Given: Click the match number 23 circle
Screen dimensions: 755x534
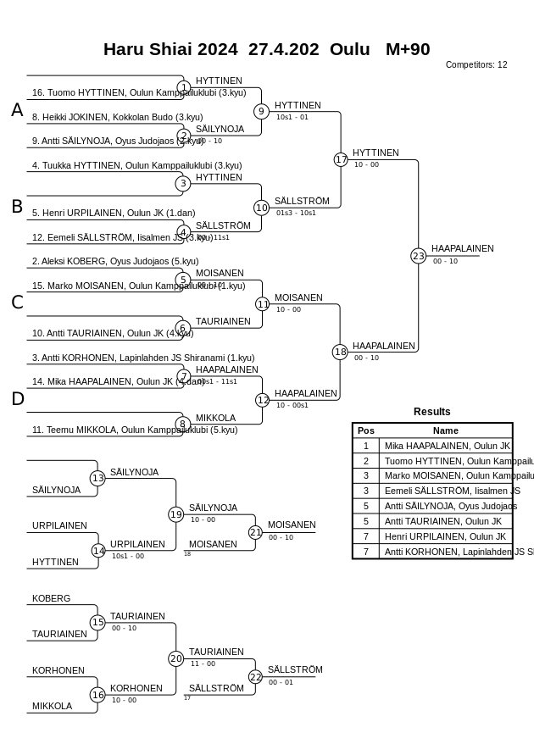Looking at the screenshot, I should [418, 256].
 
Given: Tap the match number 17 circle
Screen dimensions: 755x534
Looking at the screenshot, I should [341, 159].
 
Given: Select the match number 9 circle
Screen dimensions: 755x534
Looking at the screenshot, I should [261, 111].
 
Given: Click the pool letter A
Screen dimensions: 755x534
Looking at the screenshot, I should [17, 110].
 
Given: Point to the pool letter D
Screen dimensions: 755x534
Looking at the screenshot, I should [17, 399].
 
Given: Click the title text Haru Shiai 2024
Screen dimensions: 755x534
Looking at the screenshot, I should [170, 49].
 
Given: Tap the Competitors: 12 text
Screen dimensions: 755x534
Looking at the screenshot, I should [476, 65].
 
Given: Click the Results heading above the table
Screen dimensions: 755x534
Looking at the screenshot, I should [432, 412].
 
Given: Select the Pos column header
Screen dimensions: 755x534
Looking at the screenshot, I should [366, 430].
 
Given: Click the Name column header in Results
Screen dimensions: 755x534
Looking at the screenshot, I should [445, 430].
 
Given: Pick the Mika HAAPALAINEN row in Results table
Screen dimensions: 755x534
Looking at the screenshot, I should [447, 446].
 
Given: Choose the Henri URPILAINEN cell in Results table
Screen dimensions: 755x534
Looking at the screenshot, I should [445, 536].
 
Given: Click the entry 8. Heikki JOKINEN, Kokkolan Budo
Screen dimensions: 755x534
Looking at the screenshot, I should [117, 117].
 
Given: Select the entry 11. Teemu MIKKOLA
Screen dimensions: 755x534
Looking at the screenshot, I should [134, 430].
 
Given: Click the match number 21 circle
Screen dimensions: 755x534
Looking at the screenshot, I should [255, 532].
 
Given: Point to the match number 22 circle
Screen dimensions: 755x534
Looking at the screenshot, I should [255, 676].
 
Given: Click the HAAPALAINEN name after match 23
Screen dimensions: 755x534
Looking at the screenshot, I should [462, 249].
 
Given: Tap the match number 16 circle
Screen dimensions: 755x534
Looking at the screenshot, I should [97, 695].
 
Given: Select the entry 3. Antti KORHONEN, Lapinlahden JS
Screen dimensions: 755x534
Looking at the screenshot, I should [143, 358].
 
